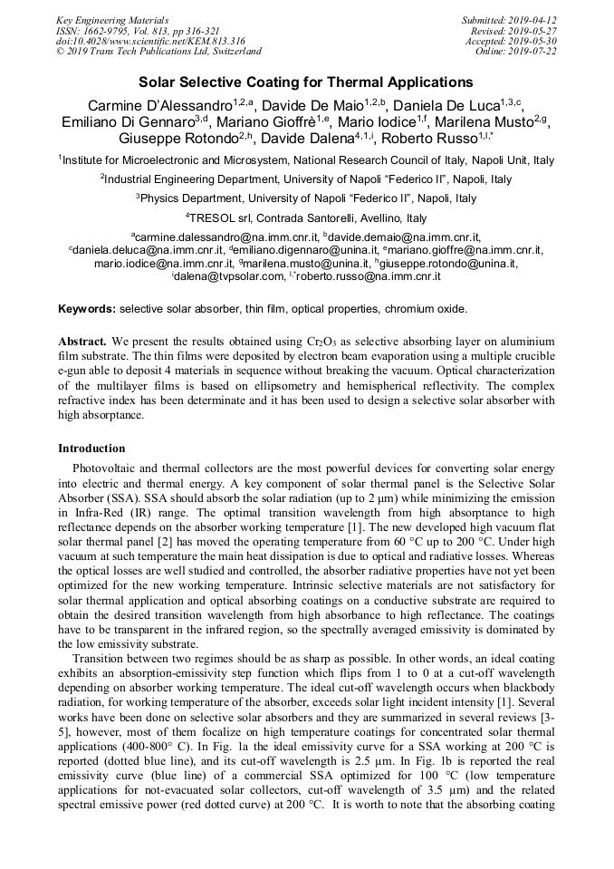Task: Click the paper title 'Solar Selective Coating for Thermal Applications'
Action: coord(306,82)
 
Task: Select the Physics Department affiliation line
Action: coord(306,198)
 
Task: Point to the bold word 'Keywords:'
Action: coord(87,309)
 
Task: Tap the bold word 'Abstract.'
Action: coord(82,342)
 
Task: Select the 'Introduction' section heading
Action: coord(91,448)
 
